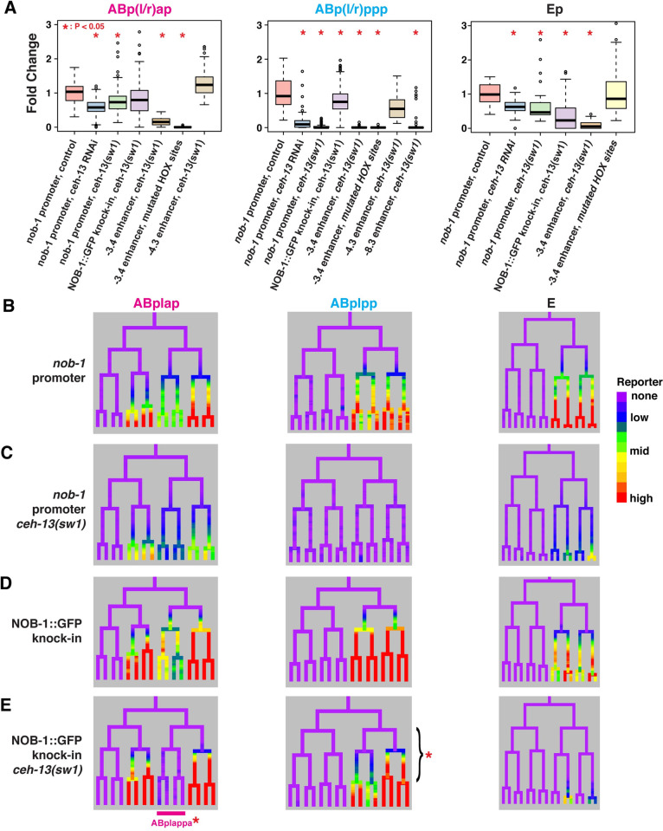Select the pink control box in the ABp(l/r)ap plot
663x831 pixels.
(74, 91)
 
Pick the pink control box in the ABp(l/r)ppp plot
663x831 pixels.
(284, 90)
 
